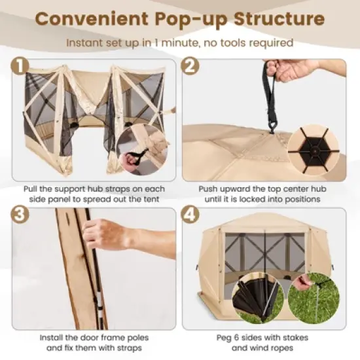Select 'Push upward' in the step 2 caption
[x=223, y=188]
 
